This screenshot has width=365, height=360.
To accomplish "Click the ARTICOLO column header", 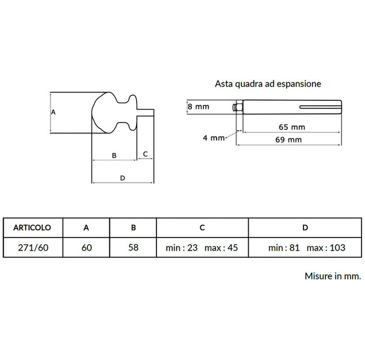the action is tap(32, 227).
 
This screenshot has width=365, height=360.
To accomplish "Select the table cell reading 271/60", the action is tap(33, 247).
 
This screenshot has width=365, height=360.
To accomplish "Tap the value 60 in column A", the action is tap(87, 247).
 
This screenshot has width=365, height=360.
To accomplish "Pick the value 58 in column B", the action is tap(133, 247).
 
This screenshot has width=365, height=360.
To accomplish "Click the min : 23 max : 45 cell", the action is tap(202, 247).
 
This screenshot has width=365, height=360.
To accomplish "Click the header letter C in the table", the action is tap(202, 227).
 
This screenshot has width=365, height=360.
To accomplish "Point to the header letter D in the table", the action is tap(305, 227).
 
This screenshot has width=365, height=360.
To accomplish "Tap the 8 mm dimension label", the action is tap(199, 106).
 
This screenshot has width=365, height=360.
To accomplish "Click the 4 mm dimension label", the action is tap(213, 138).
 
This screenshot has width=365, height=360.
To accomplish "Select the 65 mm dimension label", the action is tap(292, 127).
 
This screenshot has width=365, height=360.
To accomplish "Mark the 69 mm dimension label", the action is tap(289, 140).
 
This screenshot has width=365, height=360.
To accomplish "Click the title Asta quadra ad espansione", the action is tap(268, 84).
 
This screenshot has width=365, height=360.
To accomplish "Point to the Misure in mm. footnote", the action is tap(333, 276).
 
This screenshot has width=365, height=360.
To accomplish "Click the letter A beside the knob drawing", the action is tap(53, 112).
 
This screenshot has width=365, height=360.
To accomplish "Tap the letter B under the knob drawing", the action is tap(114, 155).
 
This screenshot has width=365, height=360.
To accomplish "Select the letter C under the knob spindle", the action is tap(145, 154).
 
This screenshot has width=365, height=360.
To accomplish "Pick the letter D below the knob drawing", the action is tap(123, 178).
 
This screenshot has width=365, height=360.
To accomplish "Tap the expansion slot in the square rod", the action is tap(320, 107).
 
